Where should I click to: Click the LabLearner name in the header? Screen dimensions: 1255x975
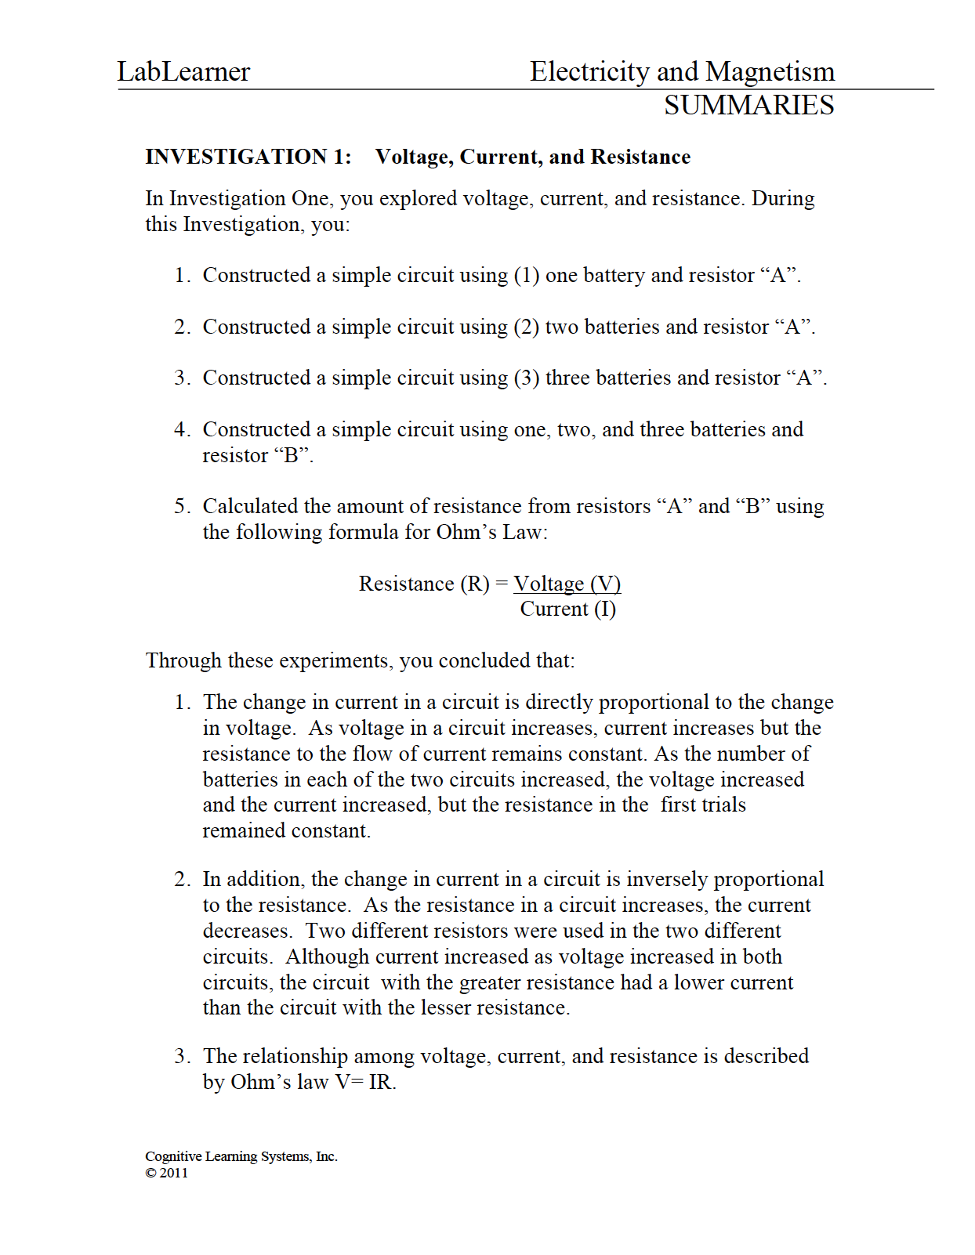pos(183,72)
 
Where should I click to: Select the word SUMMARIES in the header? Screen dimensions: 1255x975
pos(748,106)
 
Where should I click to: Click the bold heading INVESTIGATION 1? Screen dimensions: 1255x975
pos(248,157)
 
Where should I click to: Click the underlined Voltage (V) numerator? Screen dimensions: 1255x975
pos(567,584)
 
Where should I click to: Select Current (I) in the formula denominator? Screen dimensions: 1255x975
pos(567,609)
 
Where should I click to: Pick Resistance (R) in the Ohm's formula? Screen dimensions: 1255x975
pos(423,584)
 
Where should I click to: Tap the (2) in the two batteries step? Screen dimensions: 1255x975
pos(526,327)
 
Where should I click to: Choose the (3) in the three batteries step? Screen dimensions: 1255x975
pos(526,378)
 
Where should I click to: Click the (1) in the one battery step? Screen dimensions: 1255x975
pos(526,276)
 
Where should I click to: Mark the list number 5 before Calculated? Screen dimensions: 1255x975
pos(181,507)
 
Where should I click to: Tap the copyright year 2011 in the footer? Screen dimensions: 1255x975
pos(173,1173)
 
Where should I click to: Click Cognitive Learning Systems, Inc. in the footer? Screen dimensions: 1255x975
pos(241,1156)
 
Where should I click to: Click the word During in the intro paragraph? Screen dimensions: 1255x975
pos(782,199)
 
